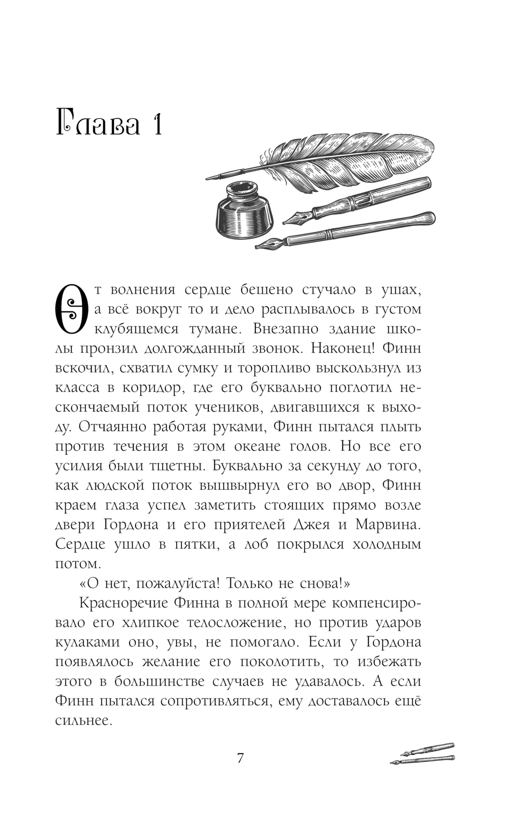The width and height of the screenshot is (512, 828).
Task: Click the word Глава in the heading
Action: (98, 122)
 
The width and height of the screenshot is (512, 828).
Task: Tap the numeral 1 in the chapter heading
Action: (156, 122)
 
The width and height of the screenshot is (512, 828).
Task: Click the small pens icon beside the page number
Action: (422, 754)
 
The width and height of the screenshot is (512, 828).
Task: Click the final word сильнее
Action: (83, 720)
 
